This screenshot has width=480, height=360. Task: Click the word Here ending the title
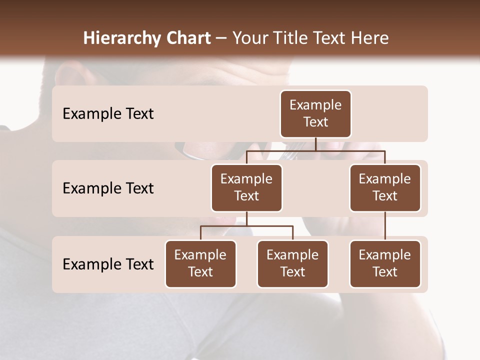(370, 38)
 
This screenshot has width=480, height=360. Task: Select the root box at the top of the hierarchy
(315, 114)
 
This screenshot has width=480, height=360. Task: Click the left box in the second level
(246, 188)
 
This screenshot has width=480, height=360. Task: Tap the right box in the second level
(385, 188)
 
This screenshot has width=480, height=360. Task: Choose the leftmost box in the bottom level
(200, 264)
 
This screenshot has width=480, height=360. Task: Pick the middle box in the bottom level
(292, 264)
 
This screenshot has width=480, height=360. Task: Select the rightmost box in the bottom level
(385, 264)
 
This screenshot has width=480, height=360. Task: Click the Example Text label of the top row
(108, 114)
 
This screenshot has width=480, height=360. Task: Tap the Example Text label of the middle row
(108, 188)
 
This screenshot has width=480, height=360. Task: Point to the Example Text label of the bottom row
(108, 264)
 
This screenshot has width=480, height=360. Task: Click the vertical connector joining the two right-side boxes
(385, 226)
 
